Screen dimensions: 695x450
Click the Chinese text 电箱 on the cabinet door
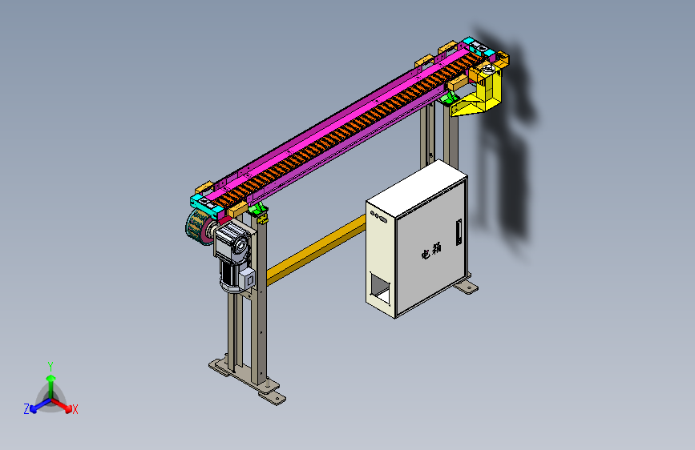coord(431,251)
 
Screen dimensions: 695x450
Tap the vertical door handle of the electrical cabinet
coord(459,231)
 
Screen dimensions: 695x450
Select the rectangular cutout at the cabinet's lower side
coord(380,289)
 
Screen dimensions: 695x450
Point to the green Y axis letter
coord(51,366)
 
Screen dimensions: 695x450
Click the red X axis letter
coord(75,410)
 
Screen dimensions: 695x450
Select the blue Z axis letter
coord(26,409)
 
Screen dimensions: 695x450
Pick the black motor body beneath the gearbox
coord(228,276)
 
